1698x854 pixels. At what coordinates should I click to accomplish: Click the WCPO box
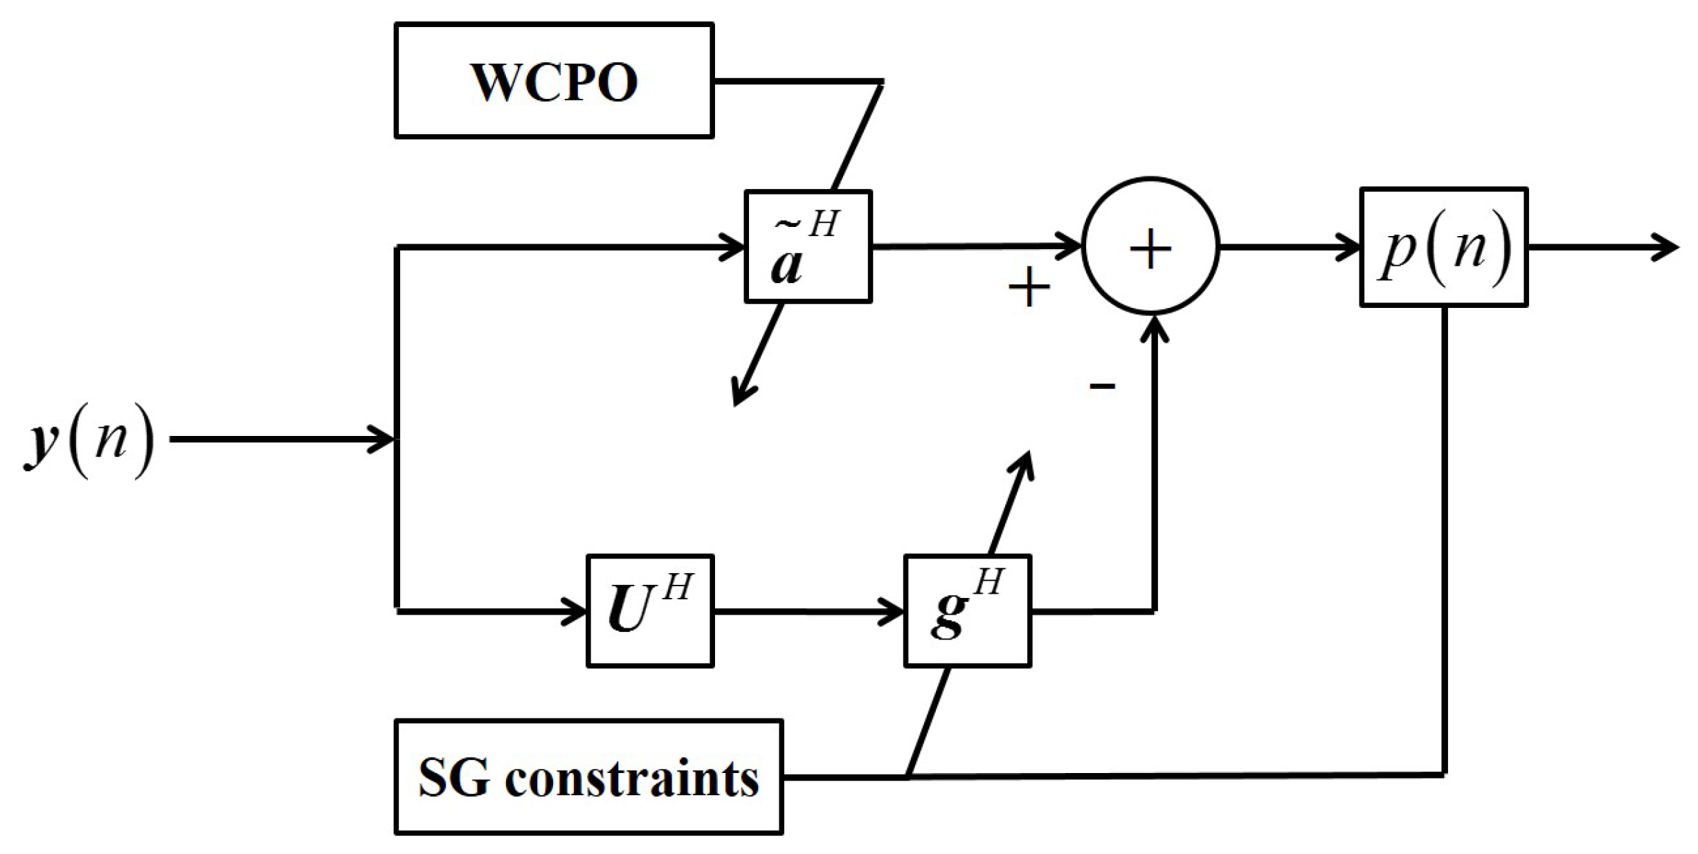(554, 81)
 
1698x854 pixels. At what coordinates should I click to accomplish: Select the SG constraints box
(588, 776)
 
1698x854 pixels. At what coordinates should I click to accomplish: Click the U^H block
(649, 611)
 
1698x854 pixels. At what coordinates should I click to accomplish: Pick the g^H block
(967, 611)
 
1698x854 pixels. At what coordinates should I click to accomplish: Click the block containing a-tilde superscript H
(808, 247)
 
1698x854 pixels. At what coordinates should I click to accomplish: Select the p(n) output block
(1443, 247)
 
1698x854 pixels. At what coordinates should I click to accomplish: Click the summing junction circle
(1150, 247)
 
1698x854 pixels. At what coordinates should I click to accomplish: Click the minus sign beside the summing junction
(1102, 386)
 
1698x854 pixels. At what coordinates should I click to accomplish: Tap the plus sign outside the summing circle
(1029, 287)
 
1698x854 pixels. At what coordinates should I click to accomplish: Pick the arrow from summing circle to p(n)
(1288, 247)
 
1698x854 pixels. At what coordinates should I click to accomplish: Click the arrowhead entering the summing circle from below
(1154, 329)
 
